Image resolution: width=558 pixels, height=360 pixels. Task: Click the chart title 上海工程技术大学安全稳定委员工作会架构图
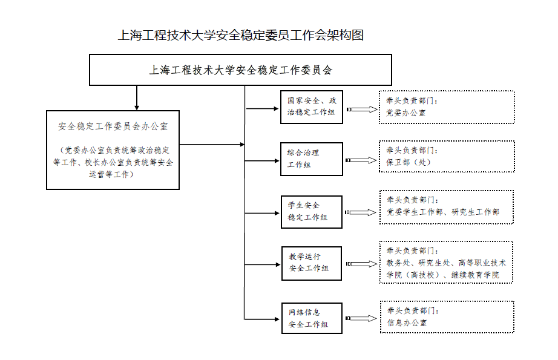[x=240, y=35]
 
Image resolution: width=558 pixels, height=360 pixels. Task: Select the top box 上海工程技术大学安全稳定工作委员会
[x=240, y=70]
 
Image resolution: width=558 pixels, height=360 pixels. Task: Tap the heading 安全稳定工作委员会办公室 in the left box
[x=113, y=126]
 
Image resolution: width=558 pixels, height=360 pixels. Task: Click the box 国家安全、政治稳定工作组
[x=312, y=107]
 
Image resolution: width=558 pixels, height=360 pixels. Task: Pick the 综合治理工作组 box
[x=312, y=159]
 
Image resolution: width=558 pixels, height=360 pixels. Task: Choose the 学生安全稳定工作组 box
[x=312, y=212]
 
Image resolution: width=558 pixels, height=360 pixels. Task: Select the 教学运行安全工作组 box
[x=312, y=263]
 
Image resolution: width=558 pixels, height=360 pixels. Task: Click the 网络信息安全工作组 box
[x=312, y=318]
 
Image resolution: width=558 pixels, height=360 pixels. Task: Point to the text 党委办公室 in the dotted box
[x=406, y=113]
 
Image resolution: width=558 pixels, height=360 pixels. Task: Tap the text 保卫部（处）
[x=409, y=162]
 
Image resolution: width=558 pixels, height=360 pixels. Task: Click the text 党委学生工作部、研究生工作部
[x=444, y=212]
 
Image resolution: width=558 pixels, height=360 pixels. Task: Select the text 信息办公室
[x=407, y=322]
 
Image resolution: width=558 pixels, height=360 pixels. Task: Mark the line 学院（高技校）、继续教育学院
[x=443, y=275]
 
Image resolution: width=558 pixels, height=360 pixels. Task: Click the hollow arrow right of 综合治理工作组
[x=361, y=160]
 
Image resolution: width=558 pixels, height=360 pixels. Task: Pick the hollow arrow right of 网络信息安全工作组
[x=361, y=318]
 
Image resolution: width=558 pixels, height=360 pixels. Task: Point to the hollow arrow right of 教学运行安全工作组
[x=361, y=264]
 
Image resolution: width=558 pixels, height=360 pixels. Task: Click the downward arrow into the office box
[x=137, y=98]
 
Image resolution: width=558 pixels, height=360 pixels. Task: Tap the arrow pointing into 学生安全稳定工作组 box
[x=262, y=213]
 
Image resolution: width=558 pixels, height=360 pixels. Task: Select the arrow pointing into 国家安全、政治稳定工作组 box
[x=262, y=108]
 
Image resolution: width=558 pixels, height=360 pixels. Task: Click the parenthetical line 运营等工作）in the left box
[x=111, y=174]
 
